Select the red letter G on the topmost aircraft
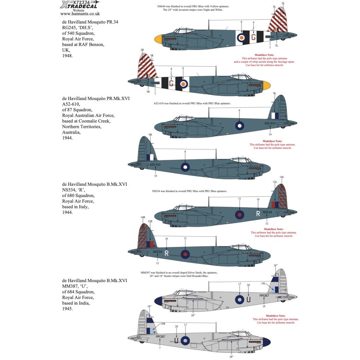click(253, 37)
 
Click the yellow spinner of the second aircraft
click(267, 86)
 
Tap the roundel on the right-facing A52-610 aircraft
click(240, 125)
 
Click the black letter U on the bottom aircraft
click(177, 340)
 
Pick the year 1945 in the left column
click(67, 309)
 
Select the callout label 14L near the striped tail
click(282, 177)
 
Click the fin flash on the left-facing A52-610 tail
click(150, 157)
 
